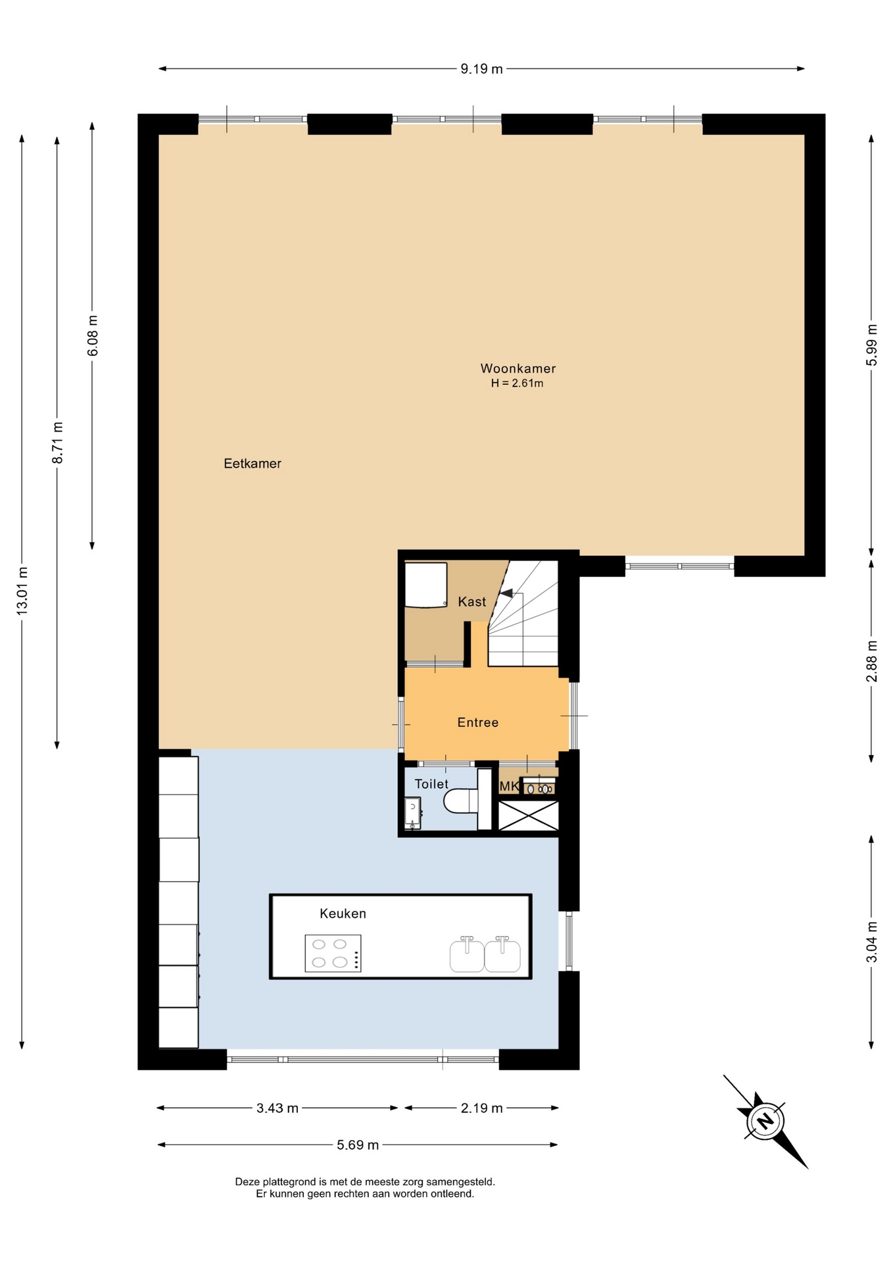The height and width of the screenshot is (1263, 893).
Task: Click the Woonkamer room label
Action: coord(518,368)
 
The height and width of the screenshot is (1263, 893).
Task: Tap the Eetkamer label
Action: coord(253,463)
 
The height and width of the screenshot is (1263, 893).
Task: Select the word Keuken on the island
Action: coord(343,913)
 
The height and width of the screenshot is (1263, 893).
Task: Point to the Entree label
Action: coord(478,722)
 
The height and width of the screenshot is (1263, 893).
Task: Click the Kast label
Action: coord(472,601)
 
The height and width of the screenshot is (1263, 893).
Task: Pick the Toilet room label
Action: coord(431,783)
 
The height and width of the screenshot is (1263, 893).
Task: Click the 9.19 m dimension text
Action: coord(481,69)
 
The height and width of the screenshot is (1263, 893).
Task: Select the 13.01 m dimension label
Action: coord(22,591)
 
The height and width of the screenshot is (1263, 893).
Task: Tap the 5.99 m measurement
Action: coord(872,345)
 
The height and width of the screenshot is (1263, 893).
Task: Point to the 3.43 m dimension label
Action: coord(278,1108)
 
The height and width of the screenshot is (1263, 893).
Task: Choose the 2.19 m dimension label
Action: coord(482,1108)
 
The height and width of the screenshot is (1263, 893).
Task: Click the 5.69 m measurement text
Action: coord(358,1145)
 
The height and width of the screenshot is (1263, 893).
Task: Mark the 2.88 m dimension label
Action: coord(872,661)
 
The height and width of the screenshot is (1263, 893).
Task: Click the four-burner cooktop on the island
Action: coord(333,953)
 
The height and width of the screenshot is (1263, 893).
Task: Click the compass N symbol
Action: coord(765,1120)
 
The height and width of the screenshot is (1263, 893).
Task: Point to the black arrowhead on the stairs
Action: coord(506,593)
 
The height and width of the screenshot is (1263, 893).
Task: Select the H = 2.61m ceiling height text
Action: coord(517,384)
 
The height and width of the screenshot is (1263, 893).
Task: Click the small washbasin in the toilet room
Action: coord(412,813)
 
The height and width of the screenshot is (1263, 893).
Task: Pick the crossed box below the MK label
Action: coord(528,816)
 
